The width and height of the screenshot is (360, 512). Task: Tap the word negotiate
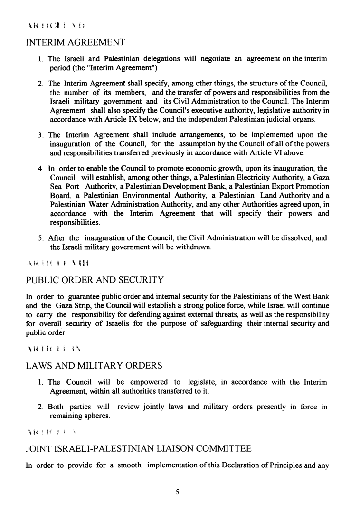tap(212, 59)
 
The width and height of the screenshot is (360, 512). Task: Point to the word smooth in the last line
tap(128, 466)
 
